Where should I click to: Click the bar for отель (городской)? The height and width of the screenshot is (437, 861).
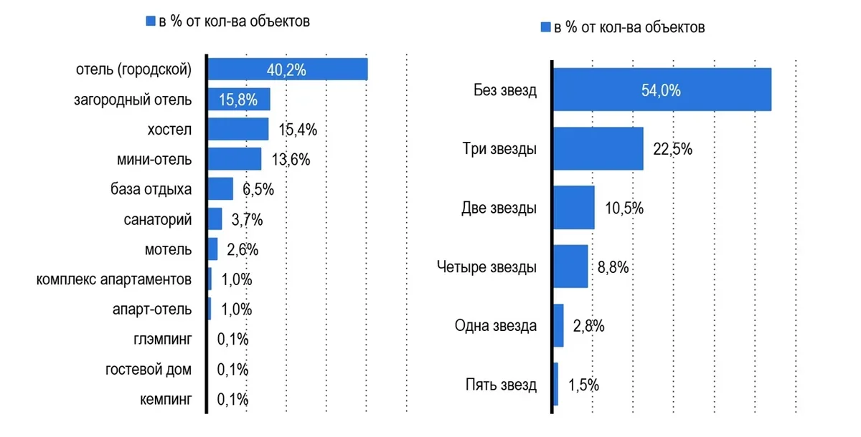tap(287, 69)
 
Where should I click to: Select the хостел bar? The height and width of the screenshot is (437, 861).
tap(238, 129)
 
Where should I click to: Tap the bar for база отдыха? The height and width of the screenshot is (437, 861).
tap(220, 189)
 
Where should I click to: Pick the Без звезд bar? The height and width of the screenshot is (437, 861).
tap(662, 90)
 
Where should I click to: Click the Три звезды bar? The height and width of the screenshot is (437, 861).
tap(598, 149)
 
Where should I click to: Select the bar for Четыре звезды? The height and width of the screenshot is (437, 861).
tap(571, 266)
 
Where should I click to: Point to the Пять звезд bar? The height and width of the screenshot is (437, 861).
tap(556, 384)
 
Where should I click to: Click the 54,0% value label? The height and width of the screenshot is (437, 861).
tap(662, 91)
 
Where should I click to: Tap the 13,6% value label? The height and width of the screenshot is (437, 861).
tap(291, 159)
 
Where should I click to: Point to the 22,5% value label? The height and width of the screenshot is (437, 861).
tap(672, 149)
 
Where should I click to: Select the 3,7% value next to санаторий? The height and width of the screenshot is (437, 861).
tap(248, 219)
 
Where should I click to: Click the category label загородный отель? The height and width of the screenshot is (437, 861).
tap(133, 100)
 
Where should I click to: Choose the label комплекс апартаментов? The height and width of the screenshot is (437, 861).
tap(114, 279)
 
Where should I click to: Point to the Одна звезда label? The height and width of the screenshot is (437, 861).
tap(496, 326)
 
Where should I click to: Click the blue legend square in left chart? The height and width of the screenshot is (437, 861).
tap(151, 21)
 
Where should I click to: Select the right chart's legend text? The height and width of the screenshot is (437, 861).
tap(629, 28)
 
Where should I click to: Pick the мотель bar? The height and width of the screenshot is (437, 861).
tap(212, 249)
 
